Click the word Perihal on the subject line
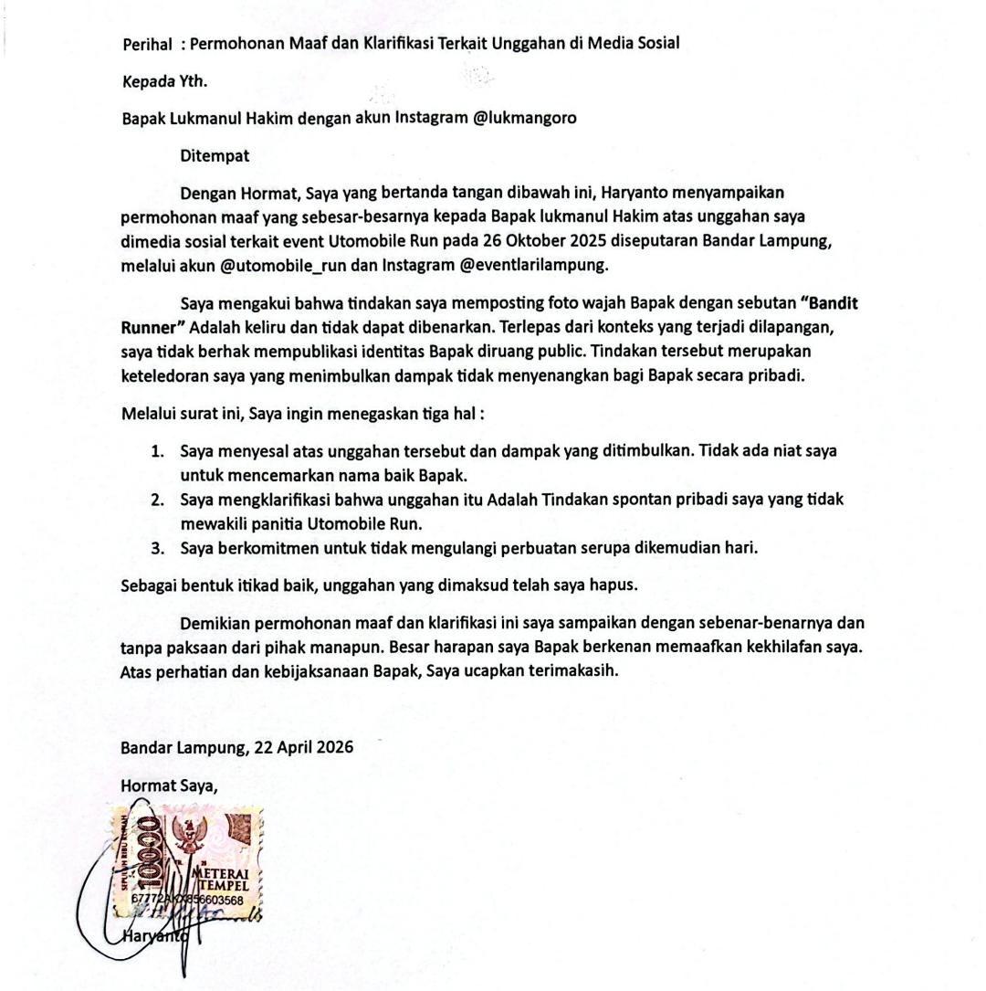147,44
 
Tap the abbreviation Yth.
193,81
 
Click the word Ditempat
215,156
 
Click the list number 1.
157,451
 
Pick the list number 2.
157,501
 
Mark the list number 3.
157,549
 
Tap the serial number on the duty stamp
187,900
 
